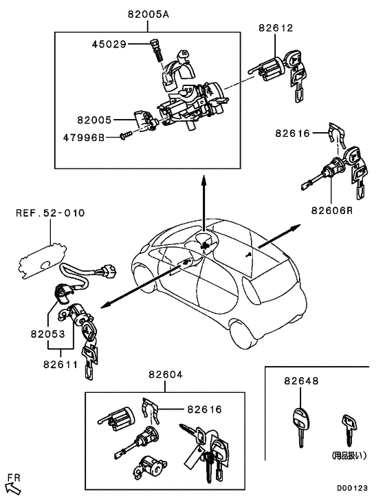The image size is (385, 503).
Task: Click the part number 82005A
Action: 148,13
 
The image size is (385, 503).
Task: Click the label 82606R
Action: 331,210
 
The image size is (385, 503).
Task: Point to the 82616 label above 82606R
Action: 294,133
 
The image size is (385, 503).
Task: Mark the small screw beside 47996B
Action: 126,136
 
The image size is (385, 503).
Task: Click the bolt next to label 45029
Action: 155,49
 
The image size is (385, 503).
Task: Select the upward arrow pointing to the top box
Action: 204,200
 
